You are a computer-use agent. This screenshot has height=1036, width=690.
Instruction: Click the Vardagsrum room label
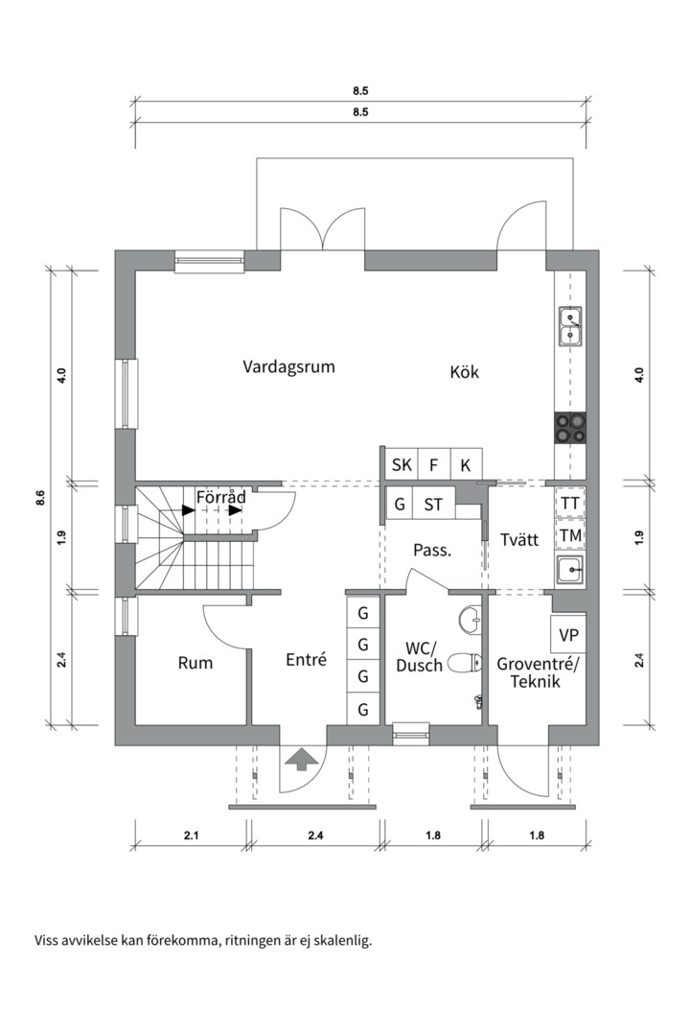(288, 366)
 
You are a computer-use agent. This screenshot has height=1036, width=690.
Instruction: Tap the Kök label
(464, 372)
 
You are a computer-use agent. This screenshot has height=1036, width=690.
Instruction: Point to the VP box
(568, 635)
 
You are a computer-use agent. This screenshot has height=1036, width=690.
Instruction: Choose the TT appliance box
(569, 503)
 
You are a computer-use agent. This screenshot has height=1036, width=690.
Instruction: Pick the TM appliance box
(569, 535)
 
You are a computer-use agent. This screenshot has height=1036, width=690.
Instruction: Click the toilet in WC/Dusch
(464, 660)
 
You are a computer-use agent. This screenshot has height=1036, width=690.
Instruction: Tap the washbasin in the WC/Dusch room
(470, 621)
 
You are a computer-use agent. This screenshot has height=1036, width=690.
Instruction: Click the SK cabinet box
(402, 465)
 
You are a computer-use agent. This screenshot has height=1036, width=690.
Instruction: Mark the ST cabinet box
(433, 505)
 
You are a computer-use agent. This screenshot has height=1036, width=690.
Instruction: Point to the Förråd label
(221, 498)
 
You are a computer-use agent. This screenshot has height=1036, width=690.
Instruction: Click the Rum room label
(195, 663)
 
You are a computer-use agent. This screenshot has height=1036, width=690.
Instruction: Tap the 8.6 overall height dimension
(40, 497)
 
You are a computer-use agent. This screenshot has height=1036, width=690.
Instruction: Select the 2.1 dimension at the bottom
(191, 836)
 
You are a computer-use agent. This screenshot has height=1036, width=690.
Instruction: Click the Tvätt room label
(519, 540)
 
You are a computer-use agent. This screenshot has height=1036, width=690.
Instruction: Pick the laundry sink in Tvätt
(570, 570)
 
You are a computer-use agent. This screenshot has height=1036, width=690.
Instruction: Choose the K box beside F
(465, 465)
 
